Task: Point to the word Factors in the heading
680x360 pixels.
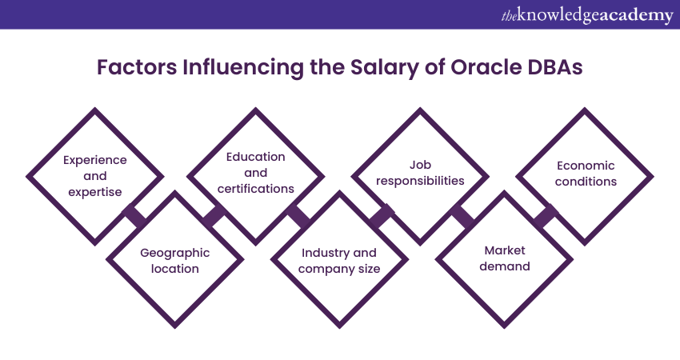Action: (137, 67)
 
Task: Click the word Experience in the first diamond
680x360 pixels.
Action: (95, 161)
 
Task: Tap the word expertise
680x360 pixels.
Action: (95, 192)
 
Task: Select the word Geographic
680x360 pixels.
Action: (174, 254)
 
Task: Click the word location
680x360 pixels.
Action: (174, 269)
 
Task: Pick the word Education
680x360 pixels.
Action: (255, 157)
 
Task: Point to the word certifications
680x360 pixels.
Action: (255, 189)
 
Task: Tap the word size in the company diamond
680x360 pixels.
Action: (369, 269)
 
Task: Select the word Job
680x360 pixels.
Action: (420, 165)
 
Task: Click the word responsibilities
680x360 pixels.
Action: (420, 181)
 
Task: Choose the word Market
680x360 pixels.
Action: (504, 250)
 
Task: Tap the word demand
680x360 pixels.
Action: (504, 266)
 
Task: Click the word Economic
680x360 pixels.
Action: (586, 166)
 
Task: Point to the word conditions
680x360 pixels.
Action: (586, 182)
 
